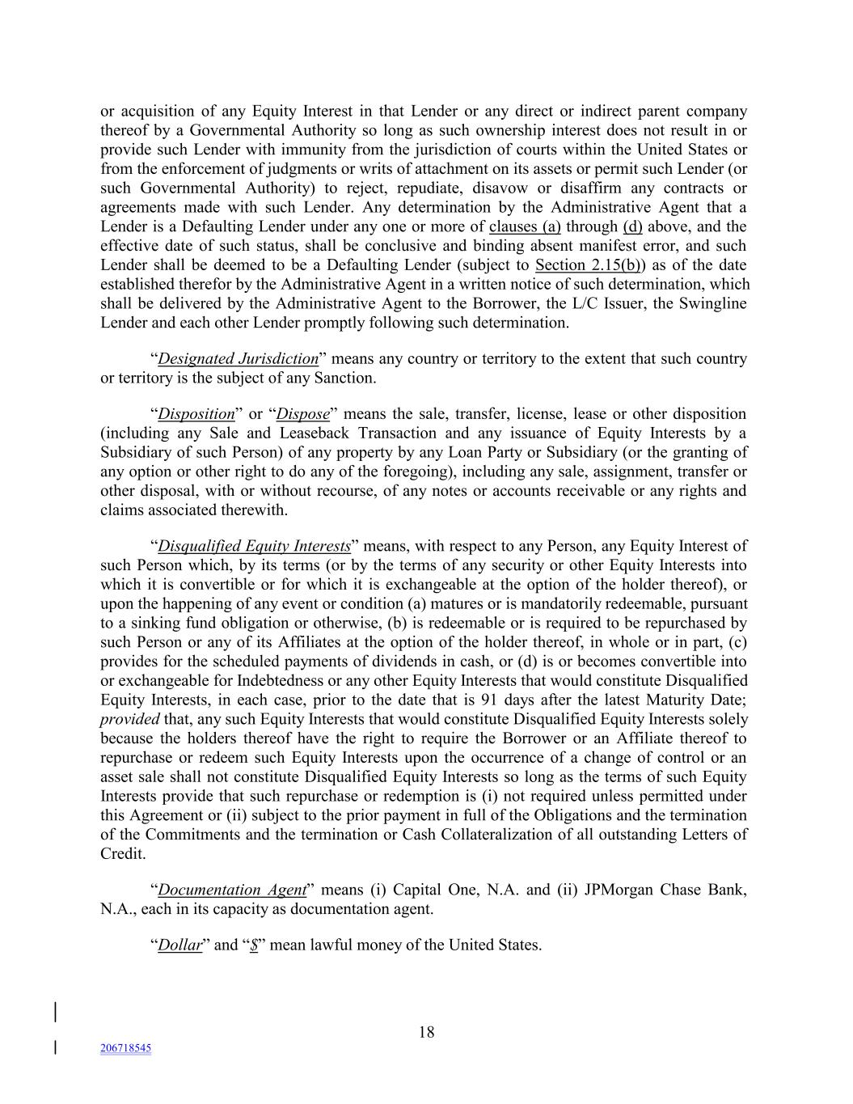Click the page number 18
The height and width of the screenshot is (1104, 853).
(x=426, y=1032)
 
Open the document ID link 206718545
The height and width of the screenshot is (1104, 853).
(x=125, y=1048)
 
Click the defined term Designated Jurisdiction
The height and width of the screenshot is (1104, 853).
(x=238, y=358)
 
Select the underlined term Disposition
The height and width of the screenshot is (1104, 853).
(x=196, y=413)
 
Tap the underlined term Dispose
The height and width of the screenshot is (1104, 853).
(x=303, y=413)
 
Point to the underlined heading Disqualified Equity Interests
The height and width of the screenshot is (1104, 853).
(x=254, y=546)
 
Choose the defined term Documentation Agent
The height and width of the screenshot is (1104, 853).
(x=232, y=890)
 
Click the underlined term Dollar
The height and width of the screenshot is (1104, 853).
(x=179, y=945)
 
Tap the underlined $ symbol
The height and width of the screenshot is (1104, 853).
(x=254, y=945)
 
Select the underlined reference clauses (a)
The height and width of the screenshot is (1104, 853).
(x=524, y=226)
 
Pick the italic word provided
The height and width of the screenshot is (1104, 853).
(x=129, y=719)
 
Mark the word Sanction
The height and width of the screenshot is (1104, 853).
(x=347, y=378)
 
